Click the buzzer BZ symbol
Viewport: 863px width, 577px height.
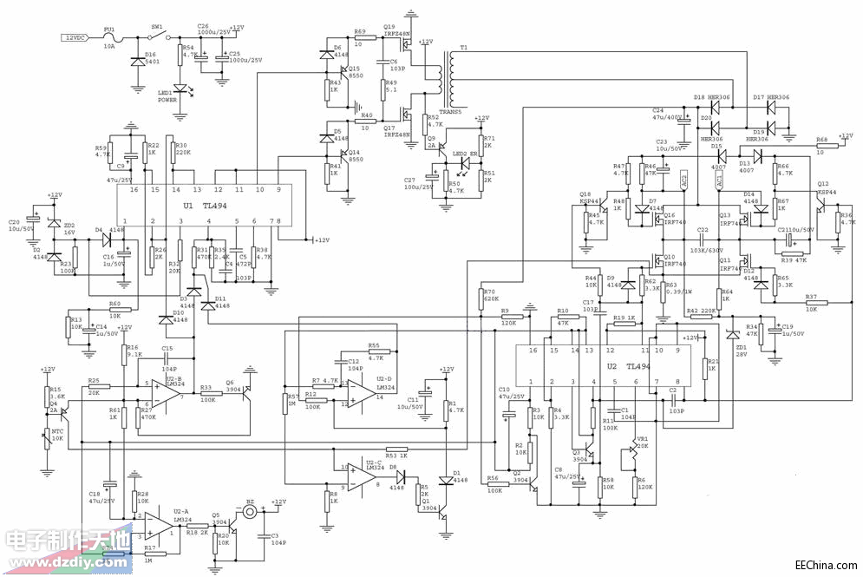point(251,512)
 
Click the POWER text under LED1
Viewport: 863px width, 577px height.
point(167,100)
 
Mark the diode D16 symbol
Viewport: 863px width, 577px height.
point(136,62)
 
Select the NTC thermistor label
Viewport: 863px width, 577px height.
point(57,431)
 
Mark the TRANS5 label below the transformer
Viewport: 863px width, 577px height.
point(451,111)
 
